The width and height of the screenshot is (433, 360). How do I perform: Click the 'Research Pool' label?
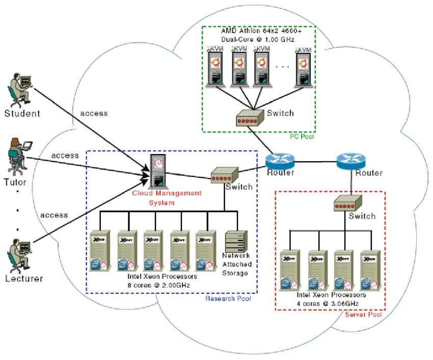coord(228,298)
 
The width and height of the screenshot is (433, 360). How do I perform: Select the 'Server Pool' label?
coord(363,315)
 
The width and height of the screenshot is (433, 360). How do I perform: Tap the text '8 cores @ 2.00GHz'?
coord(159,286)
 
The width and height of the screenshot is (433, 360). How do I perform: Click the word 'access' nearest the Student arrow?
coord(94,113)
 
